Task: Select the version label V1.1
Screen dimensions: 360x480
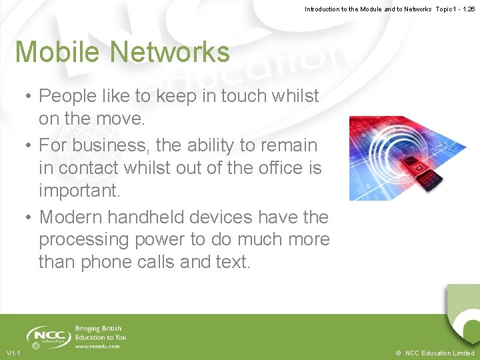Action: pyautogui.click(x=13, y=353)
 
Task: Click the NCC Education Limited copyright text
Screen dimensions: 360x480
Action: pyautogui.click(x=435, y=353)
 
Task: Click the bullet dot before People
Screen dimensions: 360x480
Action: pyautogui.click(x=29, y=97)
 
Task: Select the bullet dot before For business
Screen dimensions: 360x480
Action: pyautogui.click(x=29, y=145)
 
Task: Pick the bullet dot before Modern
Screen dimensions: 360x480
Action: pyautogui.click(x=29, y=217)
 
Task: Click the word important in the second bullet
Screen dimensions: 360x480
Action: pyautogui.click(x=79, y=191)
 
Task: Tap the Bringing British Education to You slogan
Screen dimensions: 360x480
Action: pyautogui.click(x=101, y=333)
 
